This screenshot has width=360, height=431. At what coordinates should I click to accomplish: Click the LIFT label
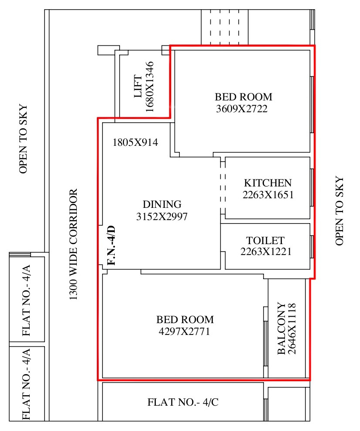(138, 86)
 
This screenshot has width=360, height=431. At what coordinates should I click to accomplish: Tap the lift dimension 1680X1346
(149, 87)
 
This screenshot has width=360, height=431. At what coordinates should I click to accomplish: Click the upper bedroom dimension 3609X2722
(242, 109)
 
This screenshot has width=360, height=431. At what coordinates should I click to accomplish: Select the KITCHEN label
(268, 183)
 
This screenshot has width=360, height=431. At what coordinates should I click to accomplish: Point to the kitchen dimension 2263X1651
(268, 195)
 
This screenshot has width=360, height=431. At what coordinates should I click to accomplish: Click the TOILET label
(265, 241)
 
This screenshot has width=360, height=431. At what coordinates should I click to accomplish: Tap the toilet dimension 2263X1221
(266, 252)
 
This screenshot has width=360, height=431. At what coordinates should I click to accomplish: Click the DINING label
(162, 204)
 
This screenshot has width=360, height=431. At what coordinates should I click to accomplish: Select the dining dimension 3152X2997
(162, 217)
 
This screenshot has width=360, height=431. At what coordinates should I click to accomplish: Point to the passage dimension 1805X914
(135, 142)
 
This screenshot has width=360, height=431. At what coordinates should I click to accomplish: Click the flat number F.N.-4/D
(111, 245)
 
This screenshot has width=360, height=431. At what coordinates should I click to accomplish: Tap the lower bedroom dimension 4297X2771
(184, 331)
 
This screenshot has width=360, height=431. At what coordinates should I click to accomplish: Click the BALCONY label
(281, 328)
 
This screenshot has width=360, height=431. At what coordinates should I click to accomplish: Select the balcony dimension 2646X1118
(291, 328)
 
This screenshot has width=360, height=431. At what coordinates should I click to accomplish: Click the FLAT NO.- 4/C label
(183, 402)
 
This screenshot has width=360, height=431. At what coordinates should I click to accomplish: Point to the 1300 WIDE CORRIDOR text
(73, 245)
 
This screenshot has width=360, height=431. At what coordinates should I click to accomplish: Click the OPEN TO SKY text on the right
(339, 211)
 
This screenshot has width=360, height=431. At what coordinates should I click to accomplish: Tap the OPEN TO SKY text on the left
(23, 139)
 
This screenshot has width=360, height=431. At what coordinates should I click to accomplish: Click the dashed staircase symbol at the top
(225, 27)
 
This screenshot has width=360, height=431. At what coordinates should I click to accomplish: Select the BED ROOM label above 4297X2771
(185, 319)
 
